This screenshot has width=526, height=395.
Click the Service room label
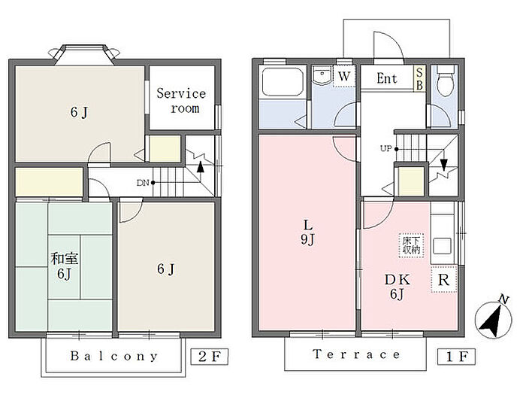pos(181,100)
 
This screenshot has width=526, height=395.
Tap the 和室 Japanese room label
pos(65,259)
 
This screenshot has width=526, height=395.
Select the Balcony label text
pos(113,356)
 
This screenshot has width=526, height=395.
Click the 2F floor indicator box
pos(210,357)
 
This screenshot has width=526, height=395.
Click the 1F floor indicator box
pos(457,357)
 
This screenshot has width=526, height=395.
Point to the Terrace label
pos(356,354)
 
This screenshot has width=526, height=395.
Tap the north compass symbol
pos(494,317)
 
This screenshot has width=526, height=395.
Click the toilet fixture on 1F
pos(446,81)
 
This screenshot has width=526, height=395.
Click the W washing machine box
pos(344,76)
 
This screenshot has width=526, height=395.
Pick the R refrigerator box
pos(443,279)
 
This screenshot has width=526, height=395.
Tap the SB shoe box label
pos(419,78)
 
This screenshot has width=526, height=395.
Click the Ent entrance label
pos(387,78)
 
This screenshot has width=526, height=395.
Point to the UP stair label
pos(385,148)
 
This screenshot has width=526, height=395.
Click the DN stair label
pos(143,183)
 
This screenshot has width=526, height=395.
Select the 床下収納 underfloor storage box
pos(411,245)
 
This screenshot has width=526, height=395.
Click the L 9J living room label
pos(307,232)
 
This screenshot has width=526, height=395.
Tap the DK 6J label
pos(398,287)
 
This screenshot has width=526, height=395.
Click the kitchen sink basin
pos(442,246)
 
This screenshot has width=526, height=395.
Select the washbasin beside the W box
pos(322,75)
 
